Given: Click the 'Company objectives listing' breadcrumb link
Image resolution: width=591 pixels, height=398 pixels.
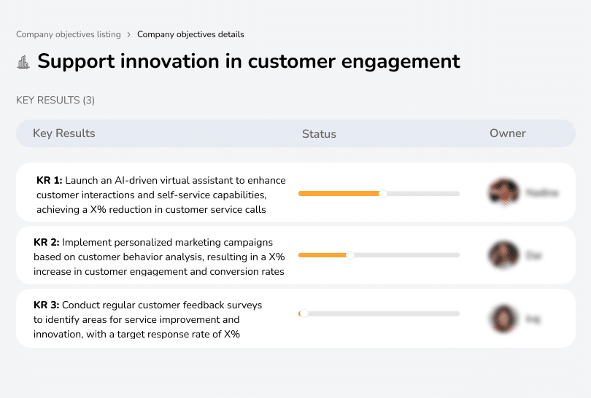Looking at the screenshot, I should [69, 34].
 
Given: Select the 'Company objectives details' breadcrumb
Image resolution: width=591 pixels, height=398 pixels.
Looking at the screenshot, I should [190, 34].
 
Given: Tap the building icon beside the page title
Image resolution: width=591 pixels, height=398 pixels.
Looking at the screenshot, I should [23, 62].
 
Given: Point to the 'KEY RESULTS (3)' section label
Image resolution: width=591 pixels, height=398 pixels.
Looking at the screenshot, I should [55, 100].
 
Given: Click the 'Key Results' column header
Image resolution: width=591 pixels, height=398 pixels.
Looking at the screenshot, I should [64, 133].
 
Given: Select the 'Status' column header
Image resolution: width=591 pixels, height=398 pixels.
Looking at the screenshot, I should [319, 134].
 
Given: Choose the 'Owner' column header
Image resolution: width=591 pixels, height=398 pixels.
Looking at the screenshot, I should [508, 133].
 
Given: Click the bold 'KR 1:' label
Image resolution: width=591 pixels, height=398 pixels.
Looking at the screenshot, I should [50, 180].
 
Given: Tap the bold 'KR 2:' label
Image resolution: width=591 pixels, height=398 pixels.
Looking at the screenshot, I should [47, 242].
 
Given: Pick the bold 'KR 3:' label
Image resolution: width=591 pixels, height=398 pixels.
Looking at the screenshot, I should [47, 305].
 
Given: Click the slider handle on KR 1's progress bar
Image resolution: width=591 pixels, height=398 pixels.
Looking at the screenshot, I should [383, 193].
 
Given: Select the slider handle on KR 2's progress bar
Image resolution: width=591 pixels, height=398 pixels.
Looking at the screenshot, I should [350, 255].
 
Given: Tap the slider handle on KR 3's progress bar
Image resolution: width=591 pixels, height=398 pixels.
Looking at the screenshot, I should [304, 313].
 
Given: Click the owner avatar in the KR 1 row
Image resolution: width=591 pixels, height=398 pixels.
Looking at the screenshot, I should [503, 192].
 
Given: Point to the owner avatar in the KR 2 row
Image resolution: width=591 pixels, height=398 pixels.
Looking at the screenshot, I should [503, 255].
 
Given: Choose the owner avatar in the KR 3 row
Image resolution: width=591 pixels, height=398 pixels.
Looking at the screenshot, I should [503, 319].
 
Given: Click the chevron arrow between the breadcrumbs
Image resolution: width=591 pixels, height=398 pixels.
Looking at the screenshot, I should [128, 34].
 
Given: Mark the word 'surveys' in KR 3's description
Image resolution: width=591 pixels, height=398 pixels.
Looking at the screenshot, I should [244, 305].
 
